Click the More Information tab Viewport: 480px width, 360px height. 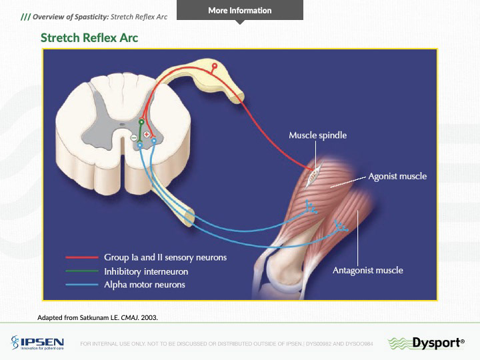(x=239, y=11)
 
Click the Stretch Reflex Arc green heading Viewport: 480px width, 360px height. (x=89, y=38)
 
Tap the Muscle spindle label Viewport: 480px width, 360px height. (x=317, y=135)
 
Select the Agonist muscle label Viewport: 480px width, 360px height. (x=397, y=177)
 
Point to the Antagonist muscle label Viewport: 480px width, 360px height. (x=367, y=270)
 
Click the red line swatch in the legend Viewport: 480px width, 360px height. (x=81, y=257)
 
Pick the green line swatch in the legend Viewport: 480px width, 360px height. (x=81, y=271)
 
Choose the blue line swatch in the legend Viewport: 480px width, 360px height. (x=81, y=285)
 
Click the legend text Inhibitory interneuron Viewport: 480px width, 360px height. (x=146, y=271)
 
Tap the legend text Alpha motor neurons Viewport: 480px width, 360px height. (x=145, y=285)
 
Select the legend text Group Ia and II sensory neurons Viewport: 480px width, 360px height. (x=165, y=257)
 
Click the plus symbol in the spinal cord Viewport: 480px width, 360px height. (x=147, y=135)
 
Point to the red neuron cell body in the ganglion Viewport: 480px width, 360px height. (x=214, y=67)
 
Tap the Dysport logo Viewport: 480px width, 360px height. (x=427, y=343)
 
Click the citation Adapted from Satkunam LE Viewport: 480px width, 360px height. (x=98, y=317)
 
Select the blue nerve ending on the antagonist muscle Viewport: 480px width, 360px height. (x=341, y=227)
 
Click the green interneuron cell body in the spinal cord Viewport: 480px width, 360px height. (x=141, y=122)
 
